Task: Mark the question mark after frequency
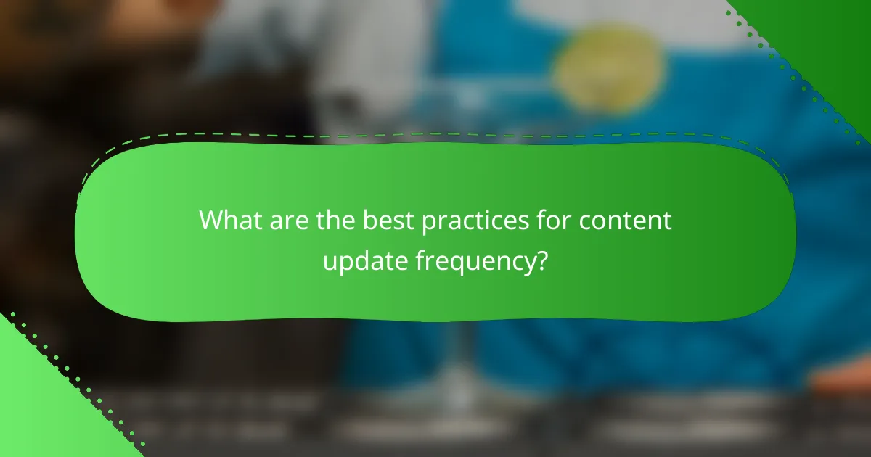(541, 259)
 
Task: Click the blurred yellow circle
(609, 70)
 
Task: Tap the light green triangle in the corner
(40, 406)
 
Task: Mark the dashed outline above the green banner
(435, 135)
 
